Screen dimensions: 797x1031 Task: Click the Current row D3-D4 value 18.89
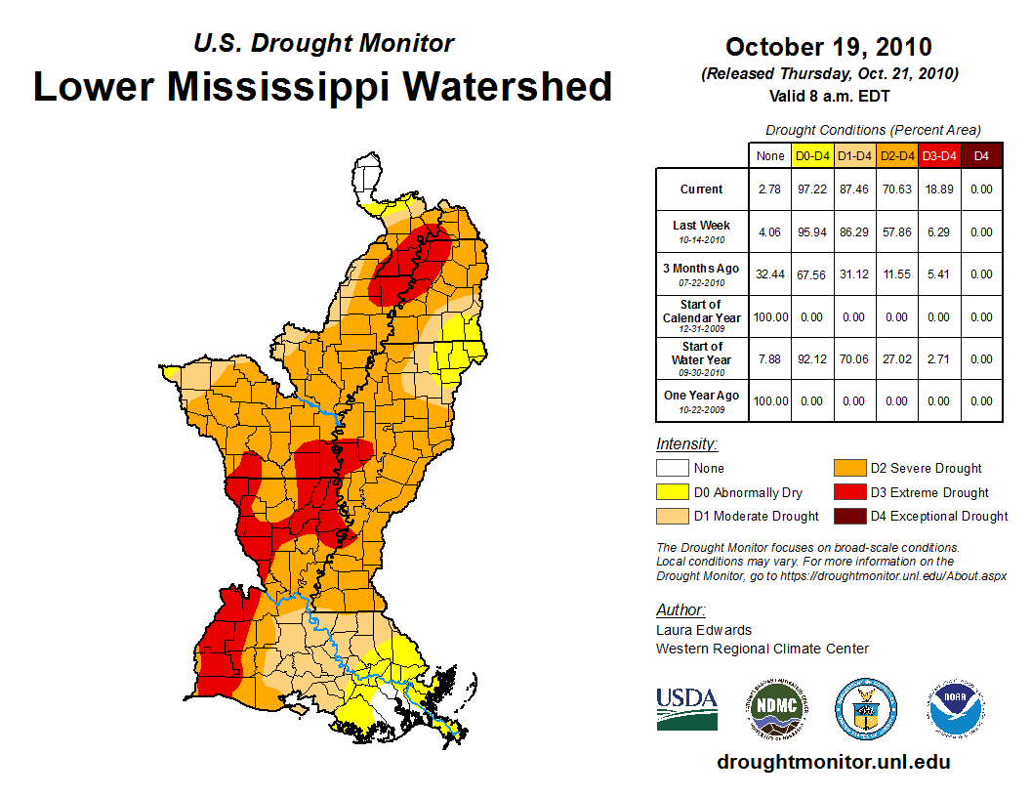(938, 189)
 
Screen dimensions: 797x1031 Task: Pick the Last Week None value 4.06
(770, 232)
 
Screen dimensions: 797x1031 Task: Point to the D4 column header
(981, 155)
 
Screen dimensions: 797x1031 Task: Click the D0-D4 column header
(812, 155)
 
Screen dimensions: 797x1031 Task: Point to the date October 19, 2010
(828, 47)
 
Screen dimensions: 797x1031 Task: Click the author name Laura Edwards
(704, 630)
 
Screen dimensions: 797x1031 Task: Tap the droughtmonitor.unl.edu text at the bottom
(833, 762)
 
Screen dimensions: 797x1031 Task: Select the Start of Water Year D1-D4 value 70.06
(854, 359)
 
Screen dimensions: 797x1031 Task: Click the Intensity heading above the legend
(686, 444)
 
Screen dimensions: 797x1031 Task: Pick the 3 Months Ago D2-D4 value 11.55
(896, 274)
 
